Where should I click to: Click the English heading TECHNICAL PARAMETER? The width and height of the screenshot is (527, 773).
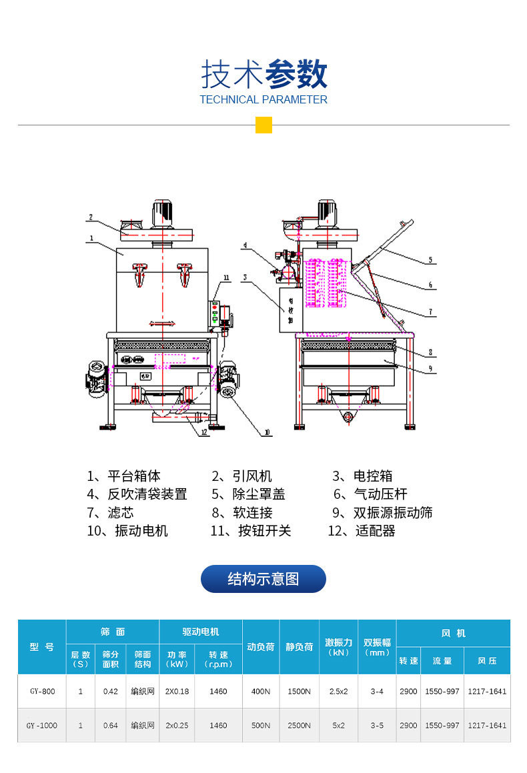pyautogui.click(x=263, y=100)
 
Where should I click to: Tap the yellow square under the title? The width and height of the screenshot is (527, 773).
pyautogui.click(x=263, y=125)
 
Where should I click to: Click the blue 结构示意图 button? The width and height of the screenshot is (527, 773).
pyautogui.click(x=263, y=579)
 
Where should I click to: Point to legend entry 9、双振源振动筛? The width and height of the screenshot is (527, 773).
pyautogui.click(x=382, y=512)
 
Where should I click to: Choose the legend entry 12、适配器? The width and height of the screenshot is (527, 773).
pyautogui.click(x=361, y=531)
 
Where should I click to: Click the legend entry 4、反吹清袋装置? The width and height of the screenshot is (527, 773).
pyautogui.click(x=137, y=494)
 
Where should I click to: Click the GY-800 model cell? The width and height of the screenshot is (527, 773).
pyautogui.click(x=41, y=692)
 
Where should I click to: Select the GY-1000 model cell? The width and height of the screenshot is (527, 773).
pyautogui.click(x=41, y=725)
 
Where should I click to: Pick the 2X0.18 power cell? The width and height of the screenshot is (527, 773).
pyautogui.click(x=177, y=692)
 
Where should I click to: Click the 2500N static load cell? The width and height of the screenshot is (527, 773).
pyautogui.click(x=299, y=725)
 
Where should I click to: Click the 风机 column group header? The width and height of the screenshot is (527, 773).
pyautogui.click(x=453, y=633)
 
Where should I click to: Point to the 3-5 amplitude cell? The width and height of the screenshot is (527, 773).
pyautogui.click(x=377, y=725)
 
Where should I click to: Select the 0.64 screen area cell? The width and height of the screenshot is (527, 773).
pyautogui.click(x=110, y=725)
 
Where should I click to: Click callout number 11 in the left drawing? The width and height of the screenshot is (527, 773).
pyautogui.click(x=226, y=277)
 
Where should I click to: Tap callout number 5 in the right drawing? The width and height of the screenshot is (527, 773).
pyautogui.click(x=430, y=260)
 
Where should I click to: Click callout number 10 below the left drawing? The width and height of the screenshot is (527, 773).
pyautogui.click(x=266, y=432)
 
